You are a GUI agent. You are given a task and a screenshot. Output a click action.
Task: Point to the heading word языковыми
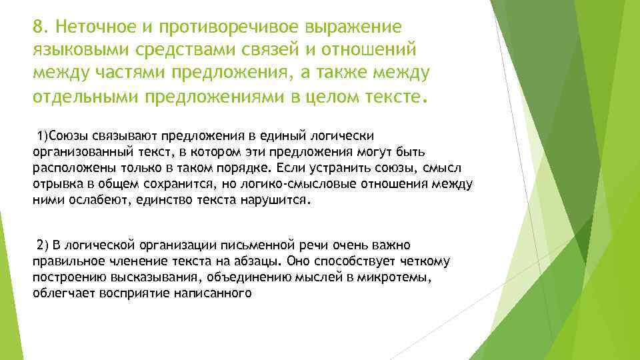[x=73, y=50]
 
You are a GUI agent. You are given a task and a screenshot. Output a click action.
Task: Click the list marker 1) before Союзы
[x=45, y=137]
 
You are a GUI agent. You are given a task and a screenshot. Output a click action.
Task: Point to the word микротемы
[x=398, y=276]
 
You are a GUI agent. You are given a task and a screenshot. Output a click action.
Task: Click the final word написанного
[x=217, y=291]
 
